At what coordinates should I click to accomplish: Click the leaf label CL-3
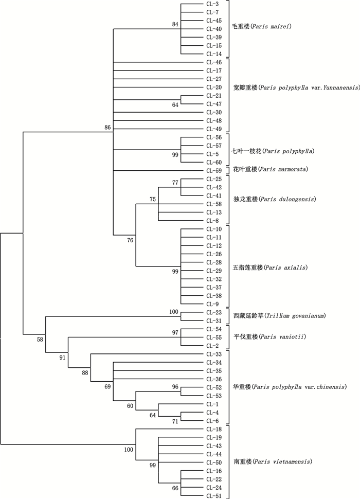tap(213, 4)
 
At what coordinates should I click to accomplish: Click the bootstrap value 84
tap(175, 24)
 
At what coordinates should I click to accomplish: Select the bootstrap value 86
tap(107, 127)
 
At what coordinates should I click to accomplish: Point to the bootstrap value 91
tap(63, 358)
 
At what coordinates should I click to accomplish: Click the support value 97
tap(175, 333)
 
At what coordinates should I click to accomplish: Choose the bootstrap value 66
tap(175, 488)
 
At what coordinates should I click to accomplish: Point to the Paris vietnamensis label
tap(272, 461)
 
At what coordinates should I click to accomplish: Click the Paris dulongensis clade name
tap(273, 199)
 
